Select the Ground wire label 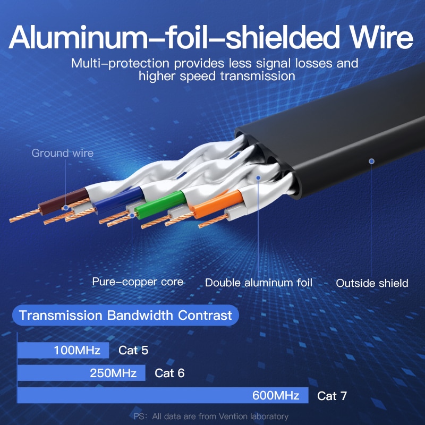tap(63, 154)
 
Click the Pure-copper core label tap(138, 282)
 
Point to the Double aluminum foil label tap(259, 283)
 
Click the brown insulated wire tap(72, 198)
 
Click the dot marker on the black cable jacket tap(372, 160)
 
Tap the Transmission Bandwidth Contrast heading tap(125, 316)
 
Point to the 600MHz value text tap(276, 396)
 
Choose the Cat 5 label tap(133, 351)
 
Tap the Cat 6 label tap(169, 373)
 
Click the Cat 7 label tap(333, 396)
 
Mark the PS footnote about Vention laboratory tap(211, 416)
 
